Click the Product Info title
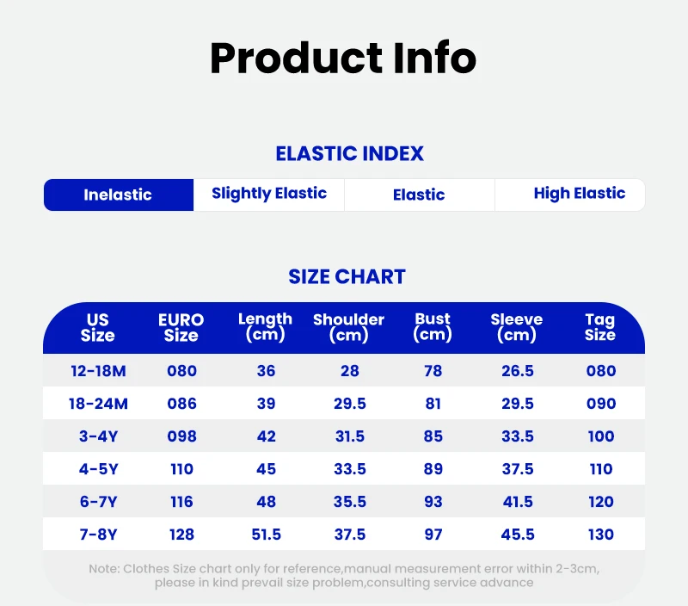pos(343,58)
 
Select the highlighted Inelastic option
pos(119,195)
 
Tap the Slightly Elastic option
pos(269,194)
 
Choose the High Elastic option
pos(579,194)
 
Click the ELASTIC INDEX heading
pos(350,154)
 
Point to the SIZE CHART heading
pos(347,276)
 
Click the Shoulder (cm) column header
pos(349,328)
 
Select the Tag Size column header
pos(600,328)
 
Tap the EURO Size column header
pos(181,328)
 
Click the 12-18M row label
pos(98,371)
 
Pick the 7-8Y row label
pos(98,535)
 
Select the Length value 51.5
pos(266,535)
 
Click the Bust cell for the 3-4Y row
pos(433,436)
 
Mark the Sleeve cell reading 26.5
pos(518,371)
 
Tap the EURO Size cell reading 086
pos(181,404)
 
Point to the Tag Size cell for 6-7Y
pos(600,502)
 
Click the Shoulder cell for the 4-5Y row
pos(350,469)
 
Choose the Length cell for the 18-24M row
pos(266,404)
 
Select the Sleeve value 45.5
pos(518,535)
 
